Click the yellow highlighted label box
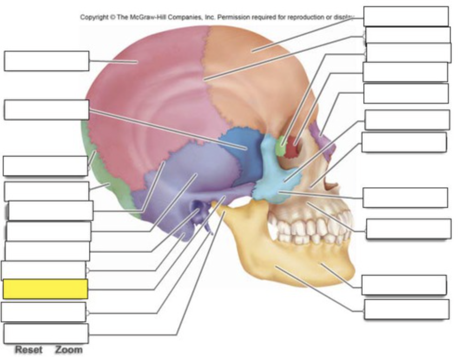click(x=46, y=289)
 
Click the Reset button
click(x=29, y=350)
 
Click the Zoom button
click(x=69, y=350)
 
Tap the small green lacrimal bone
click(x=281, y=146)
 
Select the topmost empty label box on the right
click(x=406, y=16)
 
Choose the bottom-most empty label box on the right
click(x=407, y=309)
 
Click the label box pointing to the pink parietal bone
click(x=47, y=61)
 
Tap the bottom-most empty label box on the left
click(x=46, y=333)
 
